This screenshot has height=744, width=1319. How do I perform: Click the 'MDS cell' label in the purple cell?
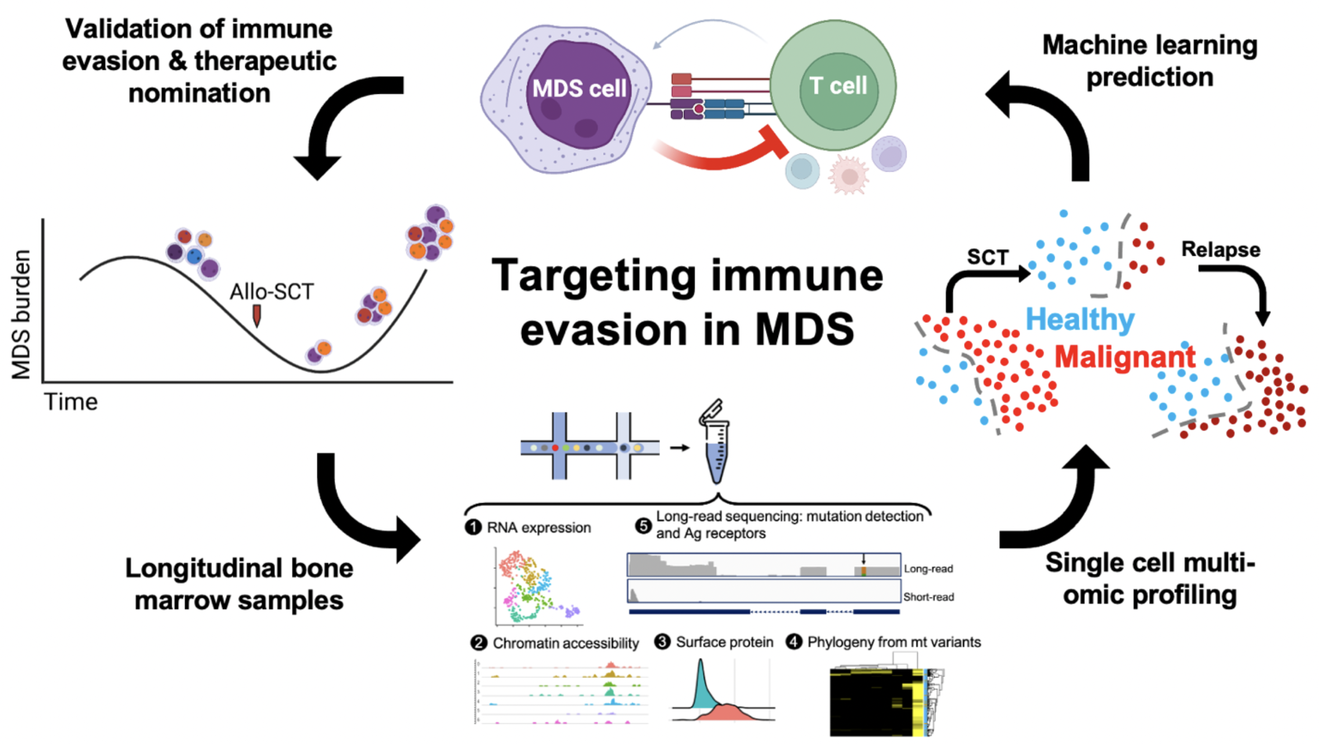point(579,88)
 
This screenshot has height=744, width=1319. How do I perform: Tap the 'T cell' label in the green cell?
point(838,86)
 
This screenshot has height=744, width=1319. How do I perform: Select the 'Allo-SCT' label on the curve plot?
point(272,292)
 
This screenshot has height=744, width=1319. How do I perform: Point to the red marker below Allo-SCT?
point(257,314)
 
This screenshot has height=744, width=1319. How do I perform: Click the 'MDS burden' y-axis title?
point(21,314)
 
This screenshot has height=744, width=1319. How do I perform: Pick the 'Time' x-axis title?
point(71,402)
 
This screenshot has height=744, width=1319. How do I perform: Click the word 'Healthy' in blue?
point(1080,319)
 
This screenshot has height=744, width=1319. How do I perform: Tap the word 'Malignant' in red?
point(1125,357)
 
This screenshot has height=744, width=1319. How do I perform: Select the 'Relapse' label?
point(1221,249)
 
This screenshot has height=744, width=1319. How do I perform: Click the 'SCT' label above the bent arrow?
point(988,257)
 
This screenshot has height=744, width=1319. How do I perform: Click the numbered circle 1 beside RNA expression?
point(473,527)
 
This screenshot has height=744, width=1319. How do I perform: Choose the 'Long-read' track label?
point(928,569)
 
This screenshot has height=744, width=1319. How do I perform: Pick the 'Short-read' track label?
point(928,597)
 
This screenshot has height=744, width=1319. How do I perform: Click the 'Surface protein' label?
point(724,642)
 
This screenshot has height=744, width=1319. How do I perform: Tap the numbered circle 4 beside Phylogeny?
point(794,642)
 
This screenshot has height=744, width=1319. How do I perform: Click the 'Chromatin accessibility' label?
point(566,643)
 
